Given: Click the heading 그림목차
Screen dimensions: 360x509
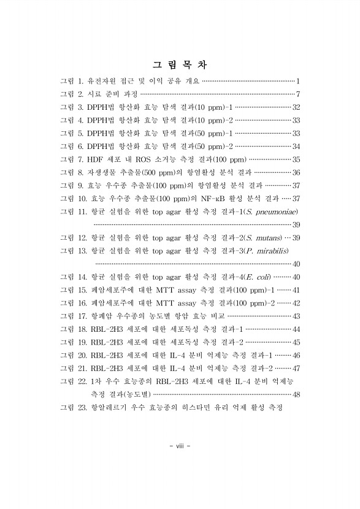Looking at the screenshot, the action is tap(180, 64).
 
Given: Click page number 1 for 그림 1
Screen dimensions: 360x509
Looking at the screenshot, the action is tap(297, 81).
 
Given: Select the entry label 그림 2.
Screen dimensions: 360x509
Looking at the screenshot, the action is tap(71, 94).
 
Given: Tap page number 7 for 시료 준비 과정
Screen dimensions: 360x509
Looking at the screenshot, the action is tap(297, 94).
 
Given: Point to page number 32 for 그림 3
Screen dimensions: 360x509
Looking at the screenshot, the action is tap(295, 107).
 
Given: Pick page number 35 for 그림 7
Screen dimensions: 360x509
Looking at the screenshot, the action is tap(295, 159).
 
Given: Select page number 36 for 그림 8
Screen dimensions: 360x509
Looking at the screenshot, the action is tap(295, 172).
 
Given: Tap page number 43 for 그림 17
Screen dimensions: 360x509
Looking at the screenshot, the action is tap(295, 316).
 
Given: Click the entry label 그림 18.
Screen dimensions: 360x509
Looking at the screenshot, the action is tap(73, 329).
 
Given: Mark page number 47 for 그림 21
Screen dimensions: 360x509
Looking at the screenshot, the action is tap(295, 368).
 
